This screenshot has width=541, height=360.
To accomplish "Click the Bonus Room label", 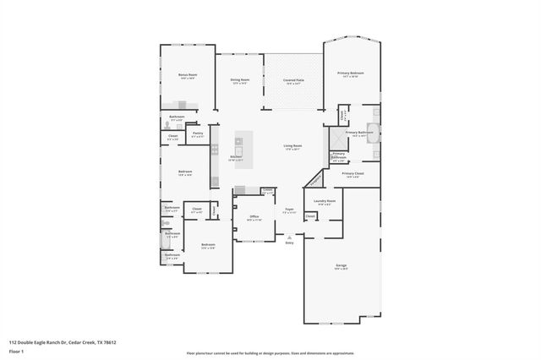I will [x=187, y=75].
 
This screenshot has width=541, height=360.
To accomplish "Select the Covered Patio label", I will [x=293, y=80].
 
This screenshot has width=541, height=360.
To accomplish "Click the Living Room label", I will [x=292, y=146].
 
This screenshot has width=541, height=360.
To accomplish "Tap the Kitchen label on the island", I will [x=237, y=156].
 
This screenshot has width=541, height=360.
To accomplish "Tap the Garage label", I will [x=340, y=265].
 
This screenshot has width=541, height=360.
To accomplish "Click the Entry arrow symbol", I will [x=289, y=237].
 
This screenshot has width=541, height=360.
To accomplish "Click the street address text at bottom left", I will [x=63, y=342].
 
